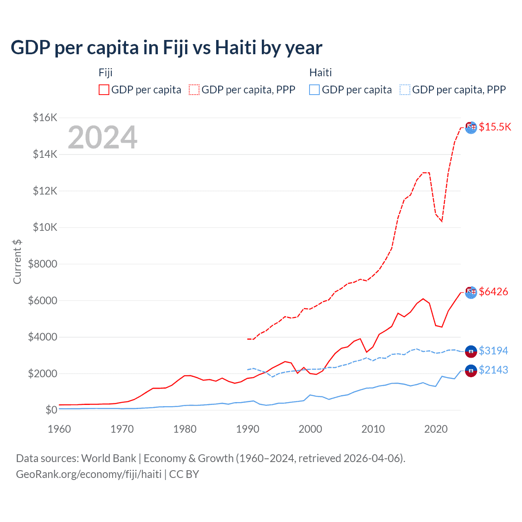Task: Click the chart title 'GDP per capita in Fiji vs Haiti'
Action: tap(166, 48)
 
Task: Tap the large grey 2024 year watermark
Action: tap(102, 137)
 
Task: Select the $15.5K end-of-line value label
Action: tap(495, 127)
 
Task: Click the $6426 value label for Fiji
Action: tap(493, 292)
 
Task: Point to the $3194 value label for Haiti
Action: tap(493, 351)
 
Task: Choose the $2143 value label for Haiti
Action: tap(493, 370)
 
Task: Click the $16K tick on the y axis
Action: tap(45, 118)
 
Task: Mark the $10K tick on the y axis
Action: tap(45, 227)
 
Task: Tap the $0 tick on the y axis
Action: tap(51, 410)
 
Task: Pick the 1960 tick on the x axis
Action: tap(60, 429)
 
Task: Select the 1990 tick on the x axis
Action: tap(248, 429)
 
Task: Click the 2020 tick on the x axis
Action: tap(436, 429)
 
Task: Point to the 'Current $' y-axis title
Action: tap(17, 261)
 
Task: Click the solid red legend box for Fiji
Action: tap(104, 90)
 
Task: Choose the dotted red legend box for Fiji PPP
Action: tap(194, 90)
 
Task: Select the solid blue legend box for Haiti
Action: tap(314, 90)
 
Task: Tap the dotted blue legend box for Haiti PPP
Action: tap(405, 90)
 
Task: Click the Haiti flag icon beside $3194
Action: tap(471, 351)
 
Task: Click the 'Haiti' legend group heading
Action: tap(321, 73)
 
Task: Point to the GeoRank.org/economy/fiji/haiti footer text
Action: tap(88, 474)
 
